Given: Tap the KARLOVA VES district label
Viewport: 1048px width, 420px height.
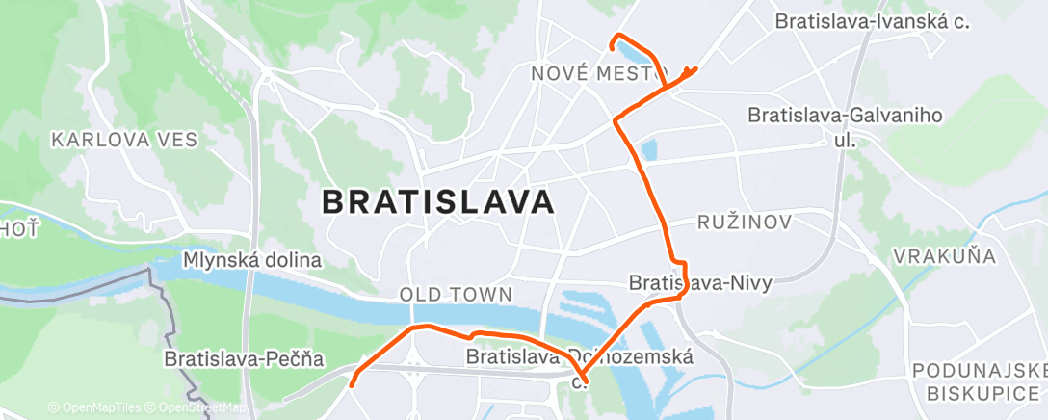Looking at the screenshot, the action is pos(124,140).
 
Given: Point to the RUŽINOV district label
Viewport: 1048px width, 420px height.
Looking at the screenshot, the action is pos(745,223).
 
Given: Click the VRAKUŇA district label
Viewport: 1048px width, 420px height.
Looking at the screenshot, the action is pos(944,255).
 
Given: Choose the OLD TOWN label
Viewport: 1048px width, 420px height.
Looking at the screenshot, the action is pos(457,293).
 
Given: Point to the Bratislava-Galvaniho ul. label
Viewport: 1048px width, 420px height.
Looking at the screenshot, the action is pos(845,126).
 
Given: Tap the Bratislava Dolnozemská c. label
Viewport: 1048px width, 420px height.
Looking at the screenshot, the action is pos(581,366).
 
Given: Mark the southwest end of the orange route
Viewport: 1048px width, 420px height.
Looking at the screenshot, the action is pos(352,385).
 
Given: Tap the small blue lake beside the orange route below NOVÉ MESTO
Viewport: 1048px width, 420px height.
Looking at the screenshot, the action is pos(647,149).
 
